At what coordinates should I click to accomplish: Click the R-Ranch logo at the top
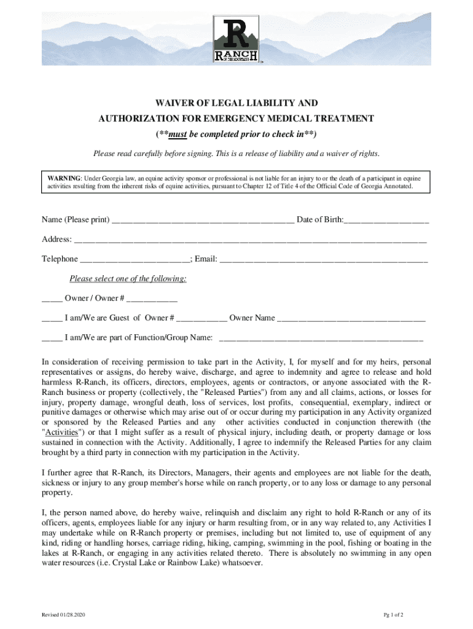(x=237, y=40)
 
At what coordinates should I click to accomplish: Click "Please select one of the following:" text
(x=128, y=279)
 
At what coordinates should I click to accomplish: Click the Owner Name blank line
(x=351, y=318)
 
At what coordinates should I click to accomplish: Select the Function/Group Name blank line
(x=321, y=338)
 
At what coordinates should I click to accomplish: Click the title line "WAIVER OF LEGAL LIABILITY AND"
(x=236, y=103)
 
